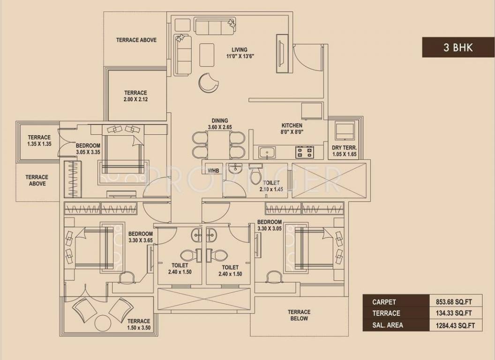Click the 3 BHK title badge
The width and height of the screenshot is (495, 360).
457,47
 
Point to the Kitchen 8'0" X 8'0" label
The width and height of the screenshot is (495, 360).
292,129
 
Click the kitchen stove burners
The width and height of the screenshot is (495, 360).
304,152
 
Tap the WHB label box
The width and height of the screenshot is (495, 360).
214,171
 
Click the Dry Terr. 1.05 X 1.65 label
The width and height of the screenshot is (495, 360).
345,151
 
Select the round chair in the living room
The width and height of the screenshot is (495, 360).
208,83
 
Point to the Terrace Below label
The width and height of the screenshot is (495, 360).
299,315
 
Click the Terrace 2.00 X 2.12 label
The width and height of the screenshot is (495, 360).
135,96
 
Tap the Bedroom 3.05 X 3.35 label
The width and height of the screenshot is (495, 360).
88,149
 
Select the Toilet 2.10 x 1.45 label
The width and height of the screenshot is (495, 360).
271,186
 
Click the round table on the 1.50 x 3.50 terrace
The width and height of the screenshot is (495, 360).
102,323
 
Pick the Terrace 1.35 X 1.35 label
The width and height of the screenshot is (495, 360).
38,141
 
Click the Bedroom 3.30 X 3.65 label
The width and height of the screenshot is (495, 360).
141,237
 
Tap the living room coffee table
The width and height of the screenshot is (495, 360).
207,55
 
